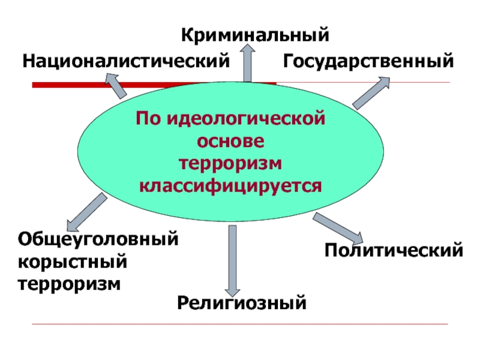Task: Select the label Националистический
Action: coord(127,61)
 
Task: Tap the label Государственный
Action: coord(368,61)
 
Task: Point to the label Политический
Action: coord(394,249)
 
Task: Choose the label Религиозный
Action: coord(242,302)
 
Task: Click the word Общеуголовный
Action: coord(98,239)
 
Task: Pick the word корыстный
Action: coord(73,261)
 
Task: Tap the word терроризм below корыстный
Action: coord(69,283)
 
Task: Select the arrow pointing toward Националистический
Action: coord(115,85)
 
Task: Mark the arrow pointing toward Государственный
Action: coord(371,93)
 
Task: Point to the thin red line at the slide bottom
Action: coord(240,325)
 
